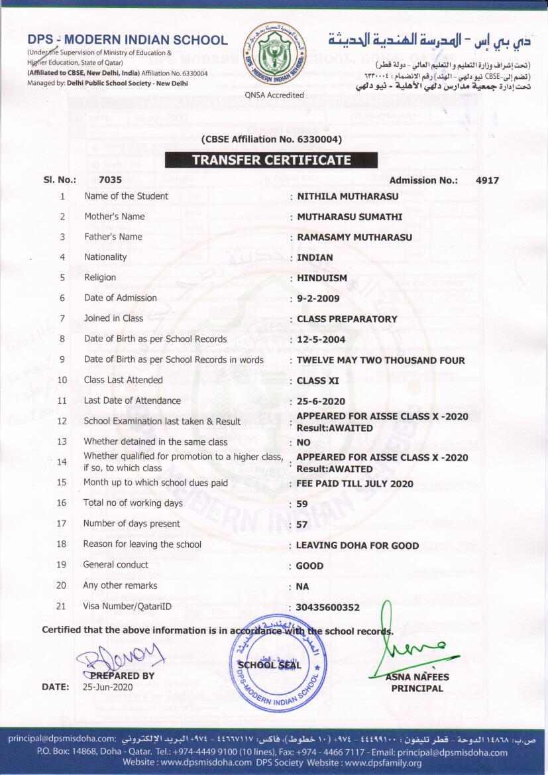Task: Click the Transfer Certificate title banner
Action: pyautogui.click(x=271, y=160)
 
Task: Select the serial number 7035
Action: pyautogui.click(x=110, y=180)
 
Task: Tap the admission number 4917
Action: pyautogui.click(x=487, y=180)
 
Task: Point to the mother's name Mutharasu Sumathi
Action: pyautogui.click(x=349, y=217)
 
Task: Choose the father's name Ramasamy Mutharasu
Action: pyautogui.click(x=355, y=237)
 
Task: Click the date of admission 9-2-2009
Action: pyautogui.click(x=318, y=298)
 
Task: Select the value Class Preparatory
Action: pyautogui.click(x=347, y=319)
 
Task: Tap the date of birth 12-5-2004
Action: pyautogui.click(x=321, y=339)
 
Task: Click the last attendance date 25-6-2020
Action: pyautogui.click(x=321, y=402)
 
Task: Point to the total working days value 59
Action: pyautogui.click(x=302, y=504)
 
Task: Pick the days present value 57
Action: pyautogui.click(x=302, y=524)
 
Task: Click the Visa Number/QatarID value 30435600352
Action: pyautogui.click(x=327, y=607)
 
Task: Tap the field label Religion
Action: pyautogui.click(x=100, y=278)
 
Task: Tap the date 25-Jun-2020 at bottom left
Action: pyautogui.click(x=107, y=687)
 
